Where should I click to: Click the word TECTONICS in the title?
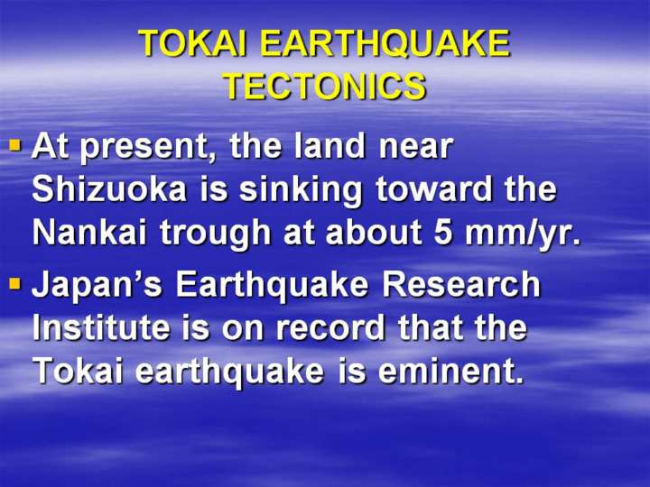click(x=326, y=87)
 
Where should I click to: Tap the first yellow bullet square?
click(x=15, y=145)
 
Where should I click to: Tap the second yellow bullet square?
click(x=15, y=284)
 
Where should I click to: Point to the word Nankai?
click(x=89, y=232)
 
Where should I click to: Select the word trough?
click(x=216, y=235)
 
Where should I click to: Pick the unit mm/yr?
click(x=523, y=234)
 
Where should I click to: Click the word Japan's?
click(x=97, y=287)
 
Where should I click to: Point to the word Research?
click(x=461, y=284)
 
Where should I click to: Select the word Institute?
click(x=101, y=327)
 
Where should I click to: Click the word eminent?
click(x=451, y=371)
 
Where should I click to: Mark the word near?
click(x=416, y=148)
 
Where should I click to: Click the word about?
click(x=373, y=232)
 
